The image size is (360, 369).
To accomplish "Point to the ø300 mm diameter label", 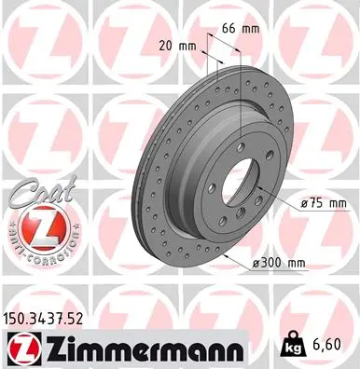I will coord(278,263).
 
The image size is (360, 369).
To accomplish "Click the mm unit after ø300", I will coord(296,263).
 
